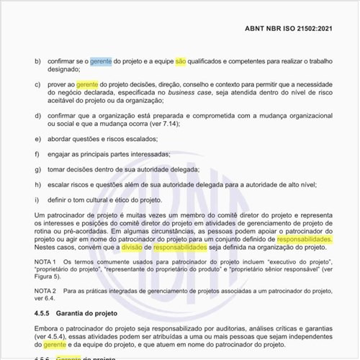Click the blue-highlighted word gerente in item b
click(x=102, y=62)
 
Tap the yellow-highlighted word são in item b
click(x=181, y=62)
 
